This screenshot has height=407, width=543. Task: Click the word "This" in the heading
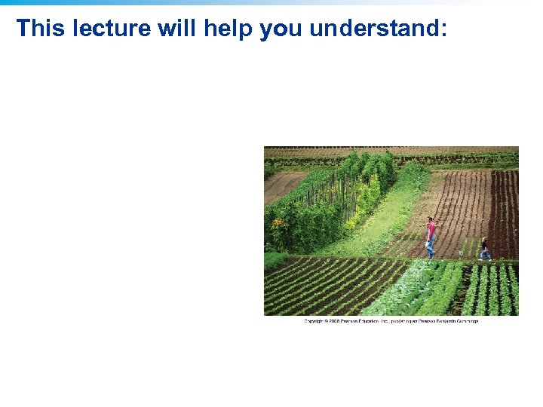click(x=35, y=28)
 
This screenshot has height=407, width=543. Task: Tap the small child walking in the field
click(x=484, y=249)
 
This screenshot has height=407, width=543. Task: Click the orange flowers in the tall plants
click(x=278, y=223)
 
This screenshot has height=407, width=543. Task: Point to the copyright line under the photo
click(x=391, y=321)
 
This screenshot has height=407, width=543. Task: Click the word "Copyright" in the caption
click(x=314, y=321)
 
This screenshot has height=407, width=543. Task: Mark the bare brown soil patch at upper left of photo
click(x=283, y=185)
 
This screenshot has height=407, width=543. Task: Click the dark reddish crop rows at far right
click(x=504, y=211)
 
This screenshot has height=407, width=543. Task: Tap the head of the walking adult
click(x=430, y=220)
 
